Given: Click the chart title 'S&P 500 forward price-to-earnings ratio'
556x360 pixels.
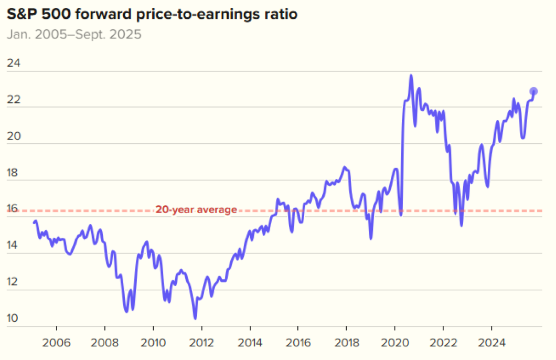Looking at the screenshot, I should (152, 14).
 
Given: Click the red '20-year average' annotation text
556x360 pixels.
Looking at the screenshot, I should (196, 210).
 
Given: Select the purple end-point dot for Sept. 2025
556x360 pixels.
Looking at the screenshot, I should (533, 91).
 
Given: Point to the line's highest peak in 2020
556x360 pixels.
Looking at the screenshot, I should (411, 76).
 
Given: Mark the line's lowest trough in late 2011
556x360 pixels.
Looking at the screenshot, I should (195, 318).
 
